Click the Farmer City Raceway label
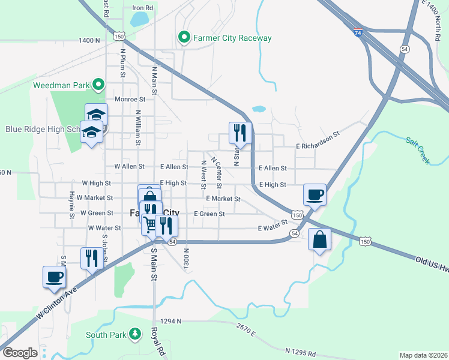232,38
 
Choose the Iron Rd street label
142,8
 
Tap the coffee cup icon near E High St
315,194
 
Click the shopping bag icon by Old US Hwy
319,239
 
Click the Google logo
20,353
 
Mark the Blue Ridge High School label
42,129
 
